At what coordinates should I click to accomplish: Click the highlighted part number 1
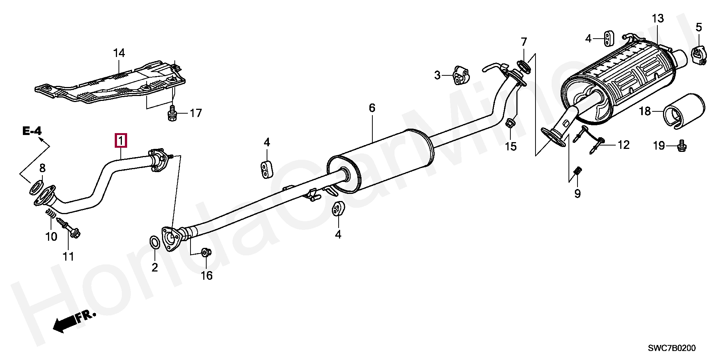click(121, 141)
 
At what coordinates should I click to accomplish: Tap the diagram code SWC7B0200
click(672, 348)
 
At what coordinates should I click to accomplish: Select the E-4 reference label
click(32, 131)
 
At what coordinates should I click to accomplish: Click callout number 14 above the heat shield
click(119, 53)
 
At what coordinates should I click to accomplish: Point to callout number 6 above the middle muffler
click(372, 108)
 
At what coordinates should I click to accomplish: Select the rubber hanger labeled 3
click(460, 75)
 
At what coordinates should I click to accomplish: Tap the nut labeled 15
click(511, 124)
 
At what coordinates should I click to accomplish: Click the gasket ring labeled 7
click(524, 65)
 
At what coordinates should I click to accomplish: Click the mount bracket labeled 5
click(698, 54)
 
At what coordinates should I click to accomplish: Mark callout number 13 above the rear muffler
click(657, 18)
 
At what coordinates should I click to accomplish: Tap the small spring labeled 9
click(578, 172)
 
